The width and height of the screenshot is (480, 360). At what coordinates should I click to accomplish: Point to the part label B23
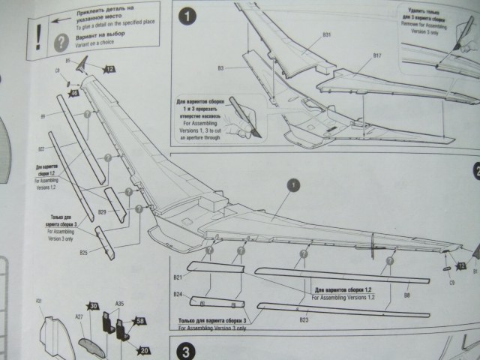pyautogui.click(x=304, y=320)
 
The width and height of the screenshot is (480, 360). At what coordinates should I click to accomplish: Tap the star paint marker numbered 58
pyautogui.click(x=140, y=322)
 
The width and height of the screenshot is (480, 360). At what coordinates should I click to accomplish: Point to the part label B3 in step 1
pyautogui.click(x=221, y=68)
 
